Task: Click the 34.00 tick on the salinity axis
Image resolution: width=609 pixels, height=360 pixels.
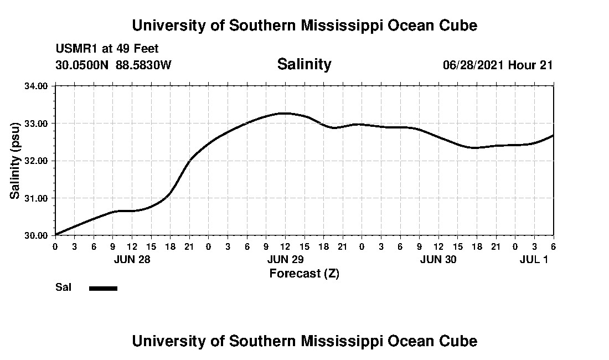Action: click(x=38, y=86)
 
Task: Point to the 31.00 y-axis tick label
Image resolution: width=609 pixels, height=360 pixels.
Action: click(x=38, y=198)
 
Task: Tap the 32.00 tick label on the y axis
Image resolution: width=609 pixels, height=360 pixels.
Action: click(x=38, y=161)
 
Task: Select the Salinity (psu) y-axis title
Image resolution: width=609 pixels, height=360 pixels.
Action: click(x=16, y=161)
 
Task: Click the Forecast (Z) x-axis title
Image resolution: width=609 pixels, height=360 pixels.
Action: click(x=304, y=273)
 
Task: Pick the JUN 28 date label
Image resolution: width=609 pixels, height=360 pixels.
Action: click(x=132, y=259)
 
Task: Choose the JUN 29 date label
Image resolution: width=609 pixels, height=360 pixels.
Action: click(x=285, y=259)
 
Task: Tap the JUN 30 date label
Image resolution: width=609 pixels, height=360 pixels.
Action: click(x=438, y=259)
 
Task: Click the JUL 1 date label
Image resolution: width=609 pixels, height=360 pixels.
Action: click(x=534, y=259)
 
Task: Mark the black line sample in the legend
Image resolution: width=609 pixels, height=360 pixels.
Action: click(x=103, y=287)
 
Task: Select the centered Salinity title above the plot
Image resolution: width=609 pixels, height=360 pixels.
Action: click(x=304, y=64)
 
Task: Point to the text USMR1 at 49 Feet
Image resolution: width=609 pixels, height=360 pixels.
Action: click(x=107, y=49)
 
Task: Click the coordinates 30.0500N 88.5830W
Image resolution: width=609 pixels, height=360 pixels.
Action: click(x=113, y=65)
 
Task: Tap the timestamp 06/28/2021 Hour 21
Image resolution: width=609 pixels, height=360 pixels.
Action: click(x=498, y=65)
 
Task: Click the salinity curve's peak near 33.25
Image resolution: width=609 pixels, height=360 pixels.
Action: click(x=283, y=113)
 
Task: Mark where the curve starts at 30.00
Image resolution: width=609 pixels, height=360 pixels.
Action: click(x=56, y=234)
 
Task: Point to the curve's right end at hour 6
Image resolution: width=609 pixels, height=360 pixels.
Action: click(x=553, y=135)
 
